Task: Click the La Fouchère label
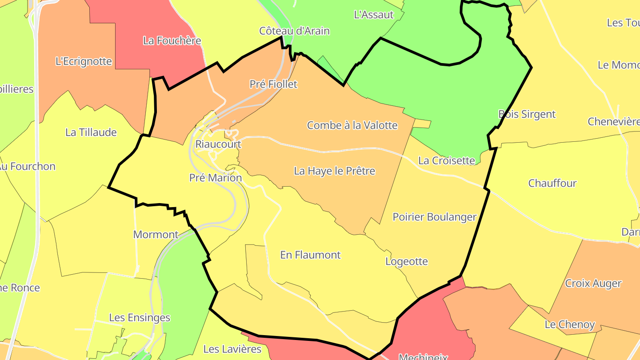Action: pos(172,41)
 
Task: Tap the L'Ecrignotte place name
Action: pos(84,61)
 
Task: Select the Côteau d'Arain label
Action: pos(295,31)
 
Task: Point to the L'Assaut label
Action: pos(374,15)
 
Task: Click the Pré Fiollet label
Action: pos(273,84)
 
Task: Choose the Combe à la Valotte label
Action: pos(352,125)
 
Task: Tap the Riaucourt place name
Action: pos(218,144)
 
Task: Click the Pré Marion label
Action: pos(216,178)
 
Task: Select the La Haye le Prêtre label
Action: pos(335,171)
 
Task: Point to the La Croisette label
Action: pos(447,160)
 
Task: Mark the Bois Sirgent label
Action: pos(527,114)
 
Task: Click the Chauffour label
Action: pos(552,183)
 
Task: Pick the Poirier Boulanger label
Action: pos(434,217)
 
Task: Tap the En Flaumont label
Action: pos(310,255)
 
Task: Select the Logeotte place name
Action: pos(407,261)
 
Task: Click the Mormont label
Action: pos(156,235)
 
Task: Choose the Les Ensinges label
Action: pos(140,318)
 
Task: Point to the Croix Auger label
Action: pos(593,284)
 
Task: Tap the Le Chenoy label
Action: pos(570,324)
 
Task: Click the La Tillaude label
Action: pos(91,132)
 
